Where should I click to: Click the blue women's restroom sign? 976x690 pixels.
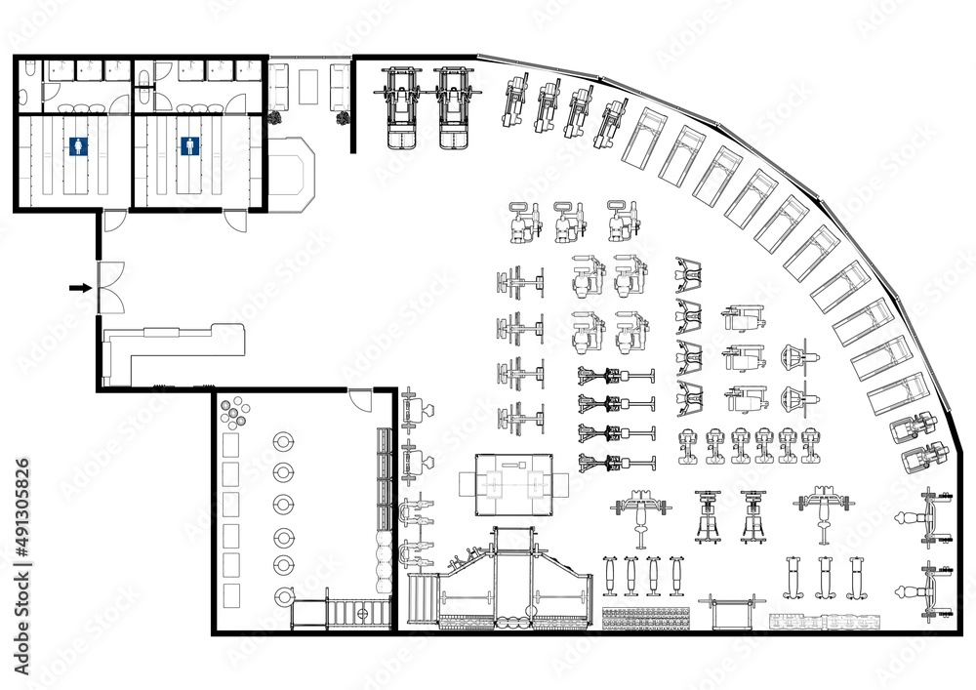78,145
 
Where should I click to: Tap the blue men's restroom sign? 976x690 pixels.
191,145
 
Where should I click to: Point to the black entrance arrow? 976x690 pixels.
81,288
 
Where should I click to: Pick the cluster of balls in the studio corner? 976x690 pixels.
234,414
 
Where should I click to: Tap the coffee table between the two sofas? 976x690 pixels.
308,86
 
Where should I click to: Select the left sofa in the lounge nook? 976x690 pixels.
278,87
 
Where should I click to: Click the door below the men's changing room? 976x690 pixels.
235,221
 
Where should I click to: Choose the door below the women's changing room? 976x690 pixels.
115,221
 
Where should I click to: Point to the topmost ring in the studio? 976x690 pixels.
283,441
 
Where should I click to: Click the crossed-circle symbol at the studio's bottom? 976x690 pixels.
362,614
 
